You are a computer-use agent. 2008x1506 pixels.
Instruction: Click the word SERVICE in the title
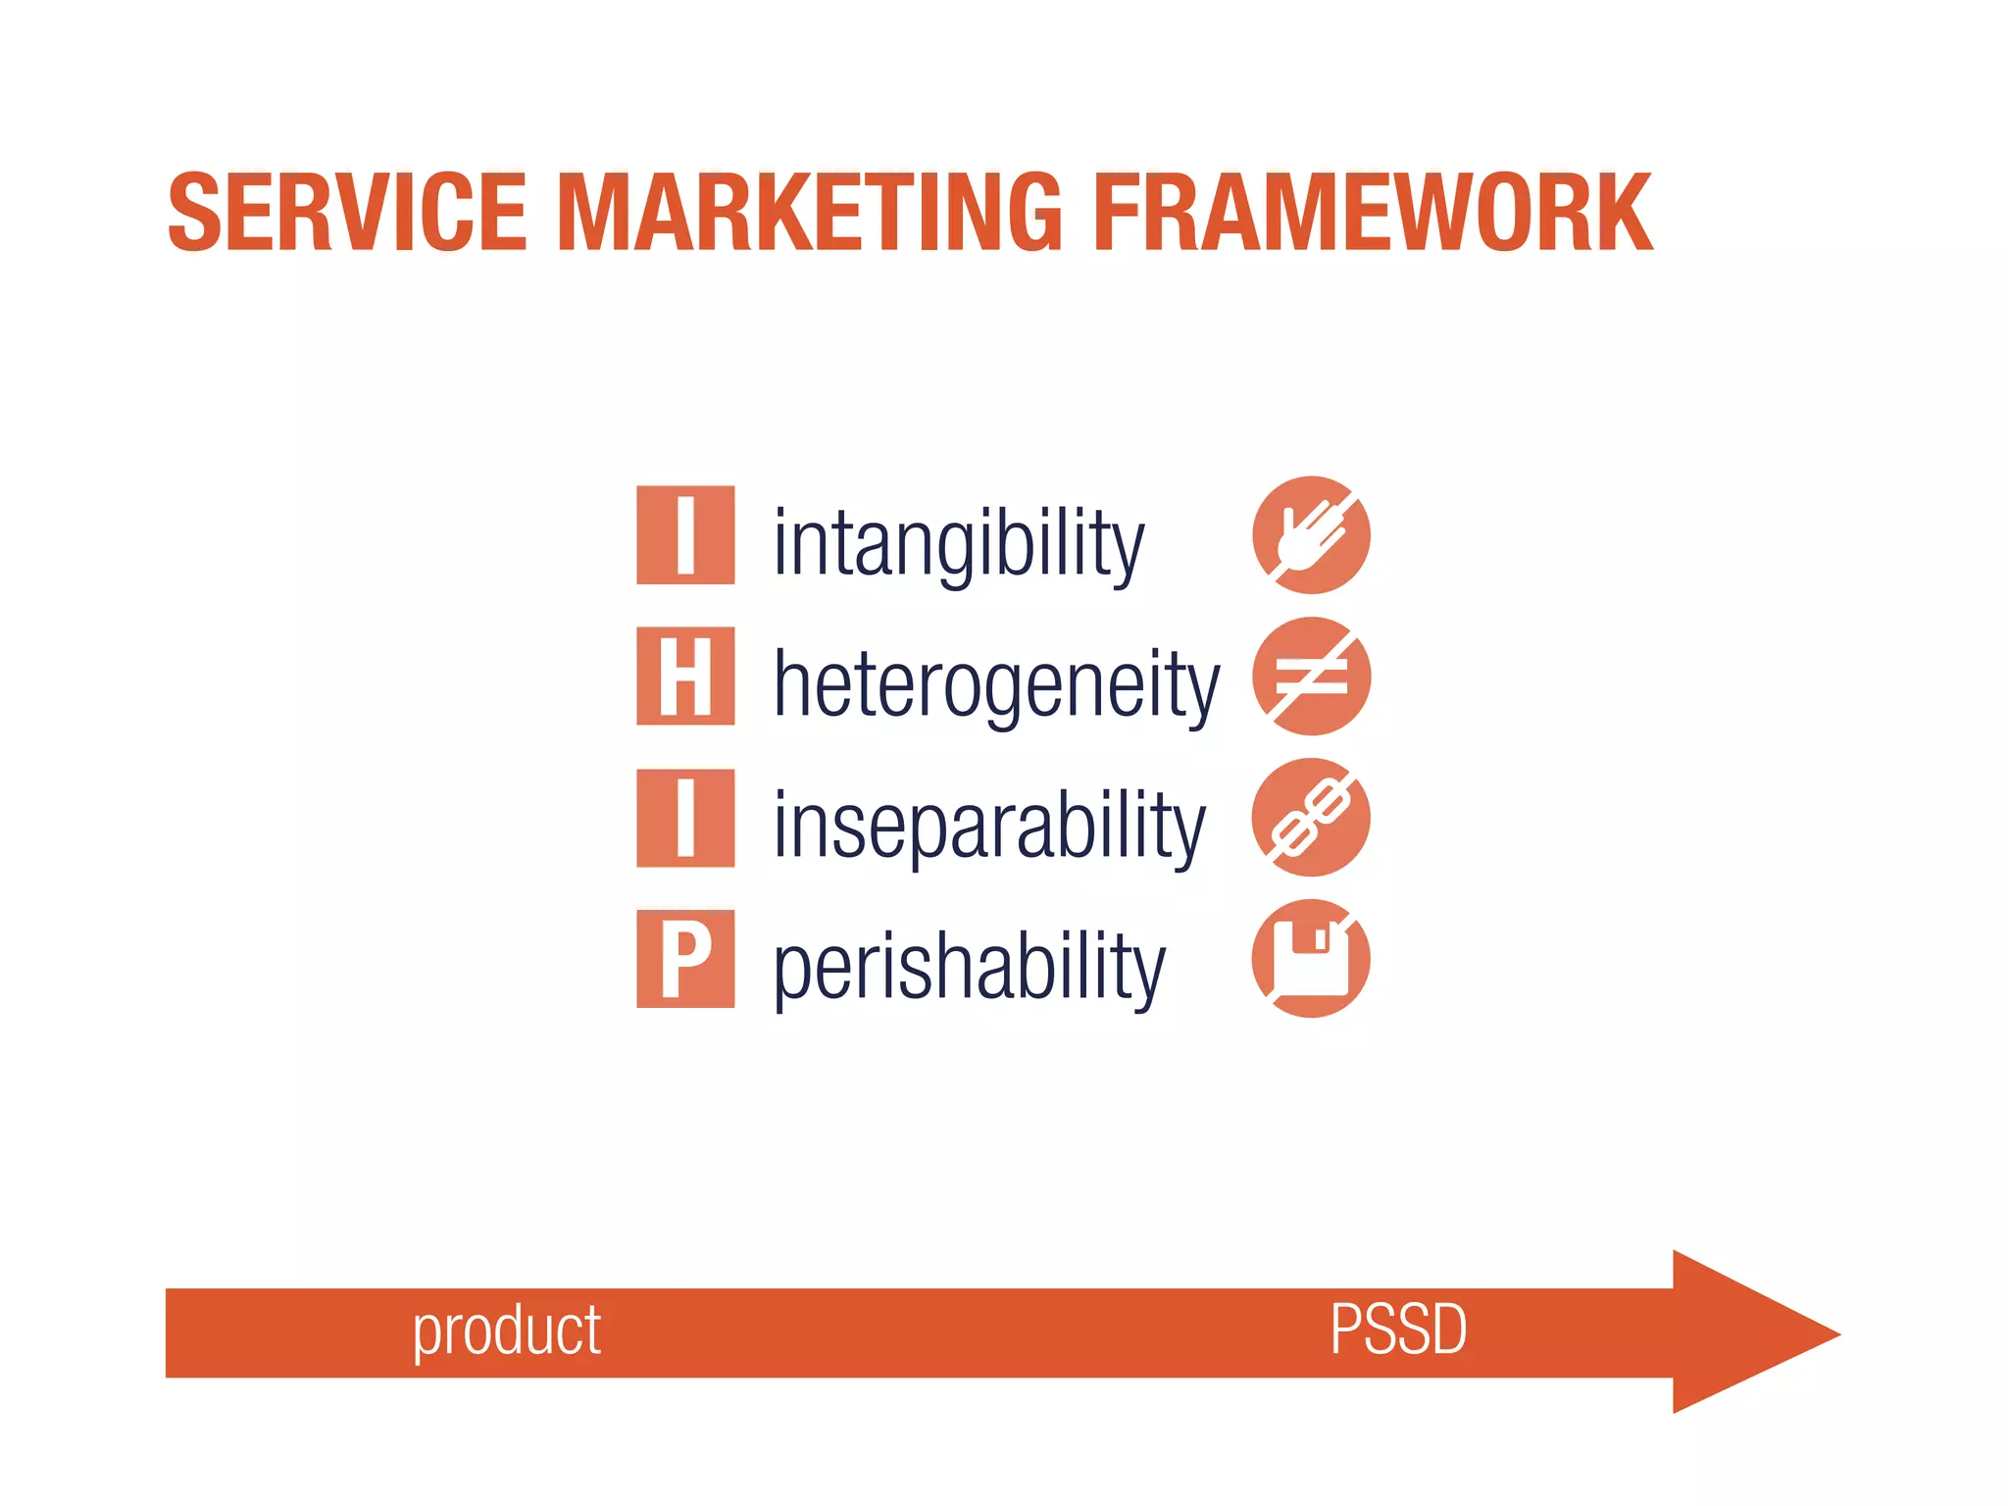347,212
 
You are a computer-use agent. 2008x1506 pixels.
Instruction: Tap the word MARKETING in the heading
810,212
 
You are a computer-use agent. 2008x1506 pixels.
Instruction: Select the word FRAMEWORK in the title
1373,212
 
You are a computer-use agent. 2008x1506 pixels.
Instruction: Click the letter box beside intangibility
685,535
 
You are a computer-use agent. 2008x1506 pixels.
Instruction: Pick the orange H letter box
685,677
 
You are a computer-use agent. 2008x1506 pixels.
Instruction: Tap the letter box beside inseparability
685,818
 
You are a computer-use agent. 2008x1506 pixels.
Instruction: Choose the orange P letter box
685,959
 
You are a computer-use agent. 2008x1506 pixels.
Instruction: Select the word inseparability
988,826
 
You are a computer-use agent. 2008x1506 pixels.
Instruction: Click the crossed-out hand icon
1311,535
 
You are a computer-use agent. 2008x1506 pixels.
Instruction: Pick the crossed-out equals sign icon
1311,677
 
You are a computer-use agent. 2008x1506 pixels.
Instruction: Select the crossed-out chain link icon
1311,818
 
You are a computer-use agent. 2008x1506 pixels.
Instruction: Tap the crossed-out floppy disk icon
1311,959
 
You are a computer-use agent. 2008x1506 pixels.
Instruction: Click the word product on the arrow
506,1331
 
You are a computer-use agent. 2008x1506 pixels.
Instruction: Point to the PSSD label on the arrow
1398,1330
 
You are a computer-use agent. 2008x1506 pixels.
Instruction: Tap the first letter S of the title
195,212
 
